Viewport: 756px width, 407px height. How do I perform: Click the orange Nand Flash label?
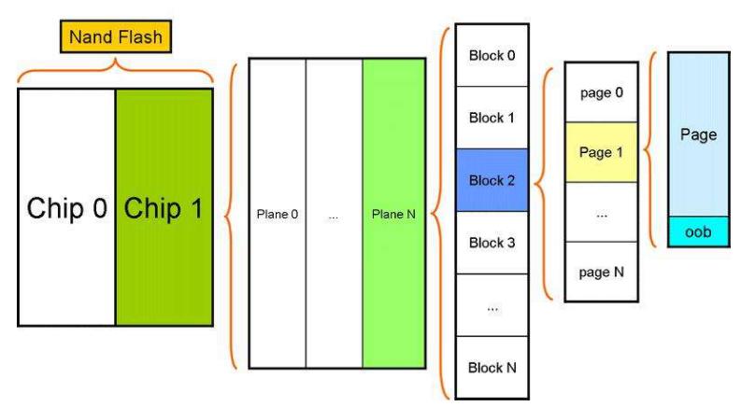115,36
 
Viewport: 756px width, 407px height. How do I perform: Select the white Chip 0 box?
66,207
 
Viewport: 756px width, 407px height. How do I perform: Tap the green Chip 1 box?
164,207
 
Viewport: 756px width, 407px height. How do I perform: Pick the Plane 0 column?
277,214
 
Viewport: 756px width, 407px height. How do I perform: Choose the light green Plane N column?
393,214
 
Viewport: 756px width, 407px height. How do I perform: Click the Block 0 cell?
492,55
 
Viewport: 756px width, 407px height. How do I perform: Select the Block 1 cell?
492,118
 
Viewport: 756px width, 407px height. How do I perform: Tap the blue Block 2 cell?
492,180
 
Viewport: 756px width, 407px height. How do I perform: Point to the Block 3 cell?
492,243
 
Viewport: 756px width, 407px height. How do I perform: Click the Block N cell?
492,368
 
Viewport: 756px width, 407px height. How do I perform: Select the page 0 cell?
602,92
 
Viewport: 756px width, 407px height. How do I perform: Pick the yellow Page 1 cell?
602,152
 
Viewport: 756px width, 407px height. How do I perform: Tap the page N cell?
602,271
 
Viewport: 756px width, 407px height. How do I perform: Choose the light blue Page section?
699,134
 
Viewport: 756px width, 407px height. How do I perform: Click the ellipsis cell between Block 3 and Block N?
492,305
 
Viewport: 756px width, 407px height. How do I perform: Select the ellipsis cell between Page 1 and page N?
602,212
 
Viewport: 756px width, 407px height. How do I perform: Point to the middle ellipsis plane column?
334,214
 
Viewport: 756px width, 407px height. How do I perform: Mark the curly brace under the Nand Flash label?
115,68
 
